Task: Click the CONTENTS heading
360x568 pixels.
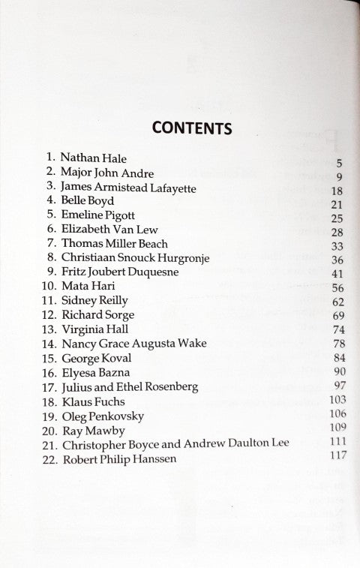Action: [x=191, y=127]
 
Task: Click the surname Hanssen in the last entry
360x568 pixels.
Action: [x=151, y=458]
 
